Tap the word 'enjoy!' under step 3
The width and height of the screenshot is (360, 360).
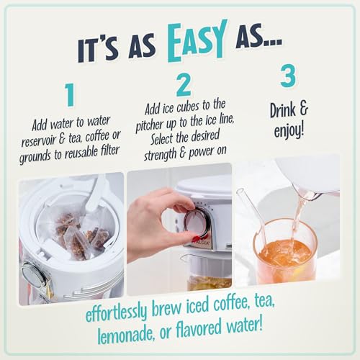tap(289, 131)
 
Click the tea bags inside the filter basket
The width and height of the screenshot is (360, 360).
tap(68, 227)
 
